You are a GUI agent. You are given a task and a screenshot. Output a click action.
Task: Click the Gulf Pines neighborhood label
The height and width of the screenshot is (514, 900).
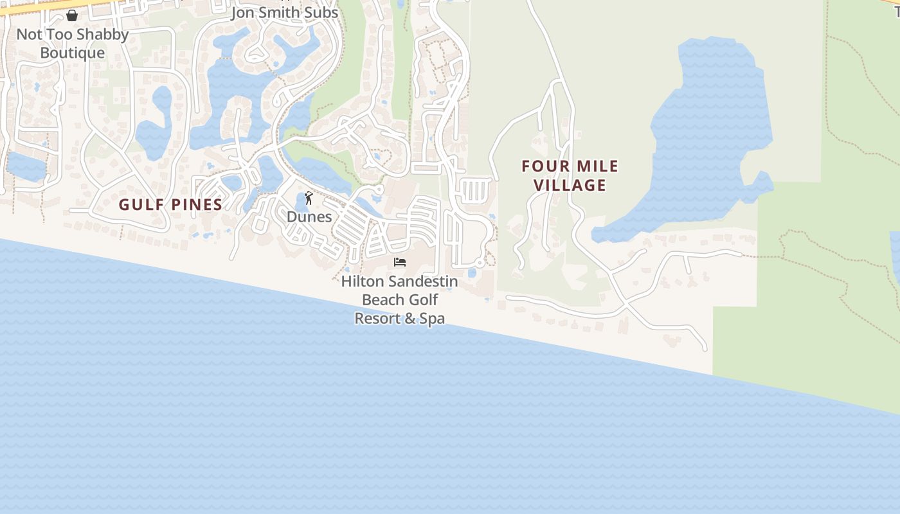point(170,205)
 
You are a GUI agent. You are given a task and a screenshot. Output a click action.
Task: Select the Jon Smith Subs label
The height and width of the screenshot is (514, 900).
point(284,13)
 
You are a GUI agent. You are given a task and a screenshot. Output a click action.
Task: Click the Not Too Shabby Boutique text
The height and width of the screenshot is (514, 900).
point(72,43)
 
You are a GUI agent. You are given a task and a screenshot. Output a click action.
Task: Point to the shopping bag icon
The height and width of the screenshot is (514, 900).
point(72,15)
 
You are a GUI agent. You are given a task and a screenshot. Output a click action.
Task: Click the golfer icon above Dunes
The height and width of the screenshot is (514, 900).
point(309,198)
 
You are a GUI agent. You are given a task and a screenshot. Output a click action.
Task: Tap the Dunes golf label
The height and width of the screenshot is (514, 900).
point(309,217)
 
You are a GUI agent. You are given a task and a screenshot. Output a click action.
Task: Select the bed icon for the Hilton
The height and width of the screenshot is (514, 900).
point(400,262)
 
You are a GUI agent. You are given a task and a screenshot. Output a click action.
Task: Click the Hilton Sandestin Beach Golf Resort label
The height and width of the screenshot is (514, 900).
point(399,299)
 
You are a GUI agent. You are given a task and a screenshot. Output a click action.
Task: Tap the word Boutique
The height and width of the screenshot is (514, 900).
point(72,53)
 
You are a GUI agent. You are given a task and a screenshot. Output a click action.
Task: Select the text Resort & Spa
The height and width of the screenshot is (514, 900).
point(399,318)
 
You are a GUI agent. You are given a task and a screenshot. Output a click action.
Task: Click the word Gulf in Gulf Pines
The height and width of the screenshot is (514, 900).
point(141,205)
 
